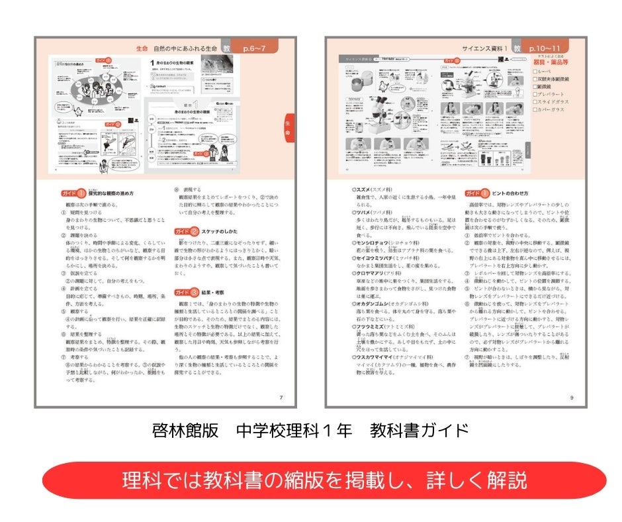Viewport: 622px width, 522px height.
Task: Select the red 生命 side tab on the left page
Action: (288, 128)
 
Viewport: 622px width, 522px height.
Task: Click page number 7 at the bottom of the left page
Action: (281, 397)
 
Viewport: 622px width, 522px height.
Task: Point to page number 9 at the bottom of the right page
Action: (572, 397)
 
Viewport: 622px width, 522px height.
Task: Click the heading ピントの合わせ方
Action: (510, 193)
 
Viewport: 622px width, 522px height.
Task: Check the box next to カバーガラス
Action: (536, 109)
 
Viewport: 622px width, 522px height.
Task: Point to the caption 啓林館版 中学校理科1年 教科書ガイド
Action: (310, 431)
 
